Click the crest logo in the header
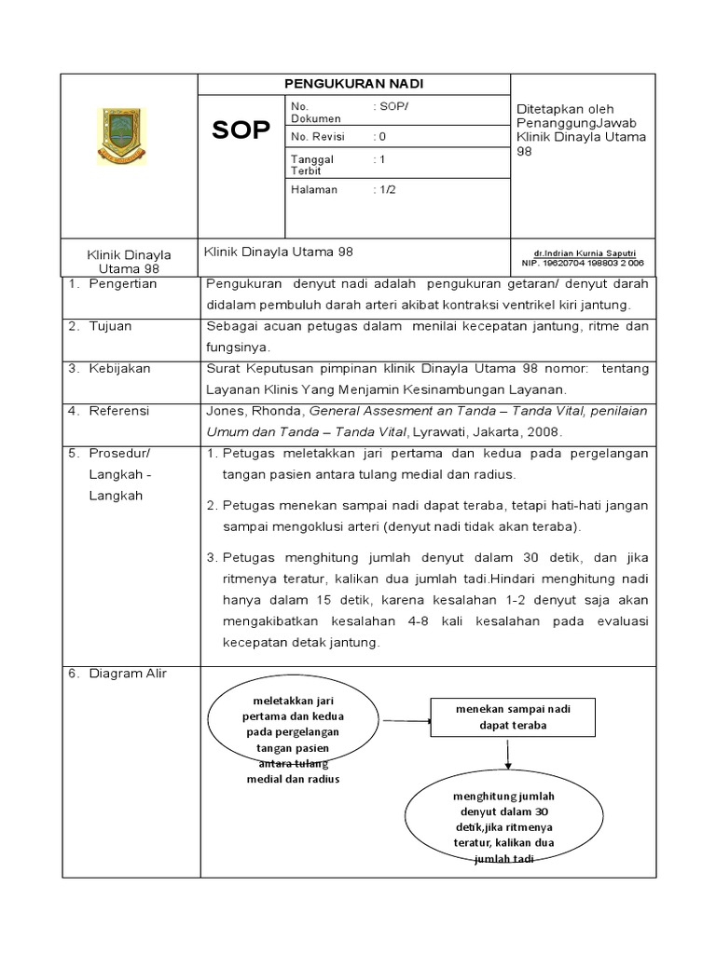(x=121, y=136)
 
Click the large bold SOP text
(x=241, y=130)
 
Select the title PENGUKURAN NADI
(x=353, y=84)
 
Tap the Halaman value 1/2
(x=384, y=189)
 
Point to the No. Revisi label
(x=318, y=136)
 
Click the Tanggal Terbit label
(x=311, y=165)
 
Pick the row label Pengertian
(x=122, y=283)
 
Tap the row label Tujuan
(x=112, y=326)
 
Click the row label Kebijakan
(x=119, y=368)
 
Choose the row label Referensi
(x=119, y=410)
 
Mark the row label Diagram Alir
(x=127, y=673)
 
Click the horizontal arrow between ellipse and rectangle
(x=406, y=719)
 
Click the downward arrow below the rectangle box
(x=506, y=753)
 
